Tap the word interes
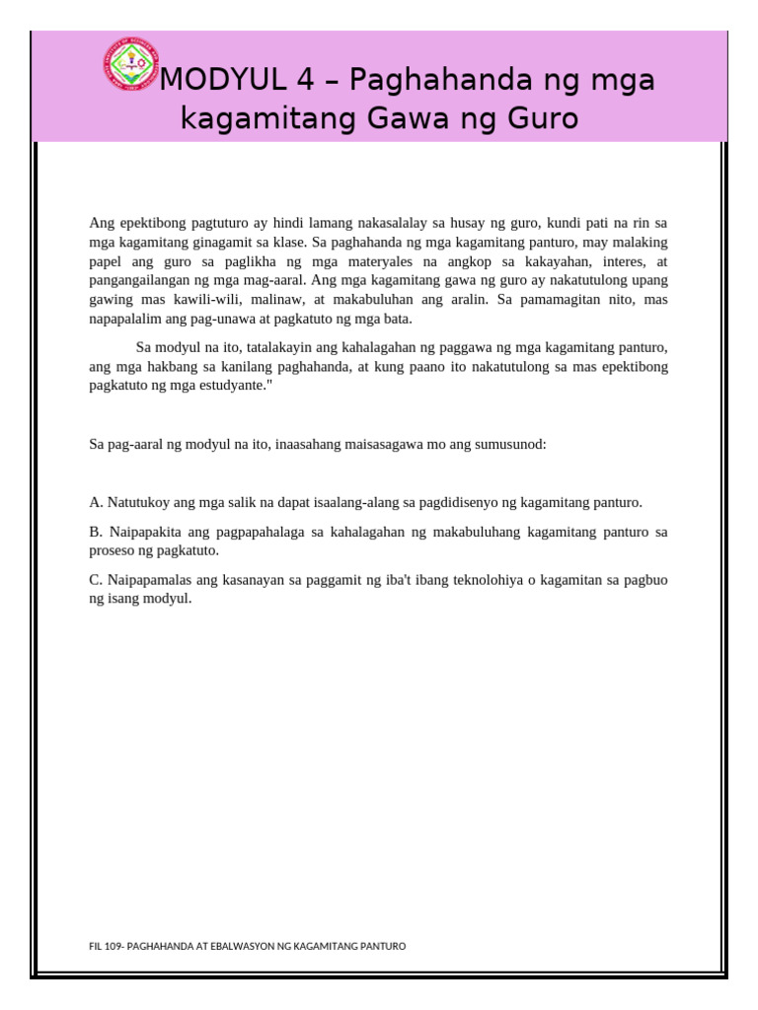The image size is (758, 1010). click(x=623, y=261)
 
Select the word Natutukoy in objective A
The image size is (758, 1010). click(x=138, y=502)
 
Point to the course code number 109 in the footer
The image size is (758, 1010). click(x=112, y=946)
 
